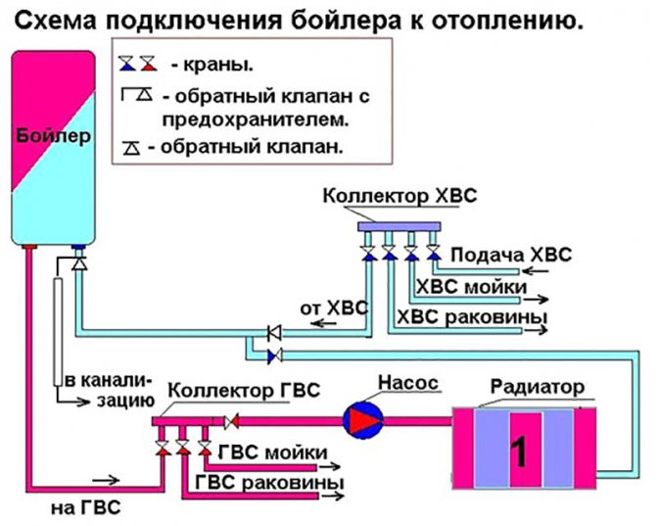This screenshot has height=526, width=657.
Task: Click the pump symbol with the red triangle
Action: tap(359, 419)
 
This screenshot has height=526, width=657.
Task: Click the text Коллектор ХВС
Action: tap(399, 196)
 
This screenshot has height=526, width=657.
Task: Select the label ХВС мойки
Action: tap(472, 287)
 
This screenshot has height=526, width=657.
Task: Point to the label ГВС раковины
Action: tap(270, 483)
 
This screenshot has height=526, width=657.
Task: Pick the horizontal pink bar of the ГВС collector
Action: tap(187, 421)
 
